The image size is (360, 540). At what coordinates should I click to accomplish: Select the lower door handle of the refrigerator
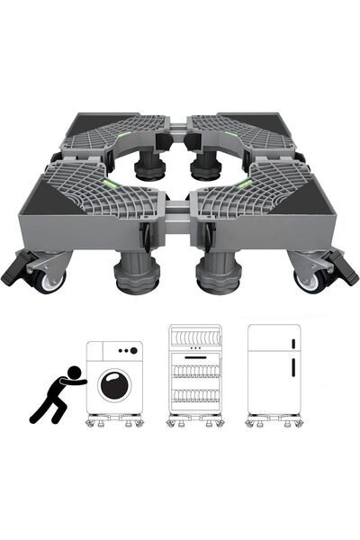(x=293, y=369)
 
